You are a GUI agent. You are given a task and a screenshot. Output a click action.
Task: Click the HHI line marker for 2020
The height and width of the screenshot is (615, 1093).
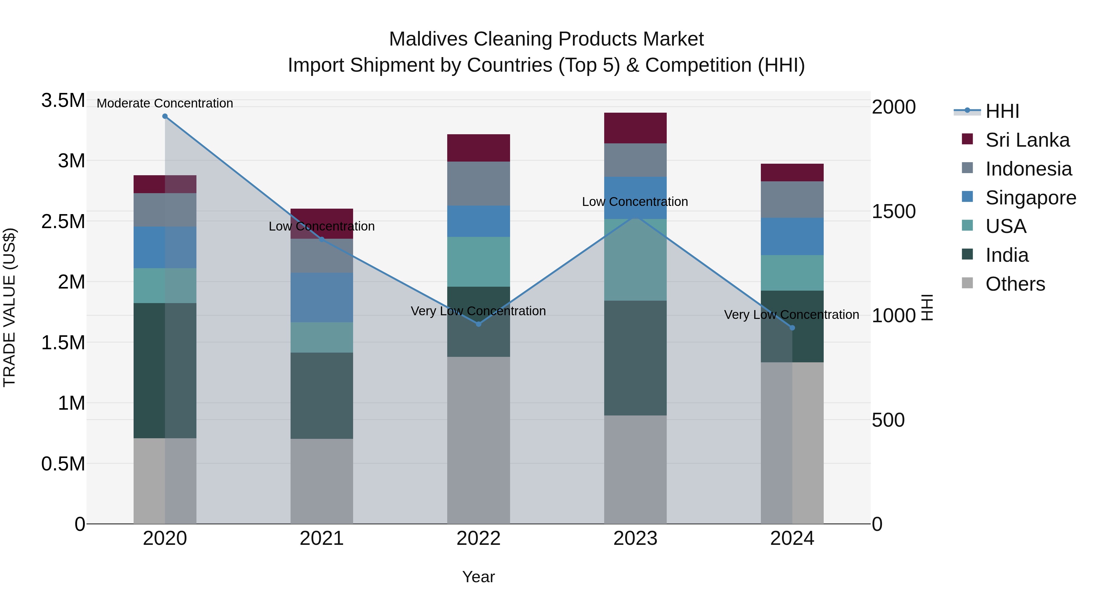tap(165, 116)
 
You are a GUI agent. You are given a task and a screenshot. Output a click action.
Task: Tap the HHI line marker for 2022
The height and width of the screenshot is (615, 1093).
tap(478, 324)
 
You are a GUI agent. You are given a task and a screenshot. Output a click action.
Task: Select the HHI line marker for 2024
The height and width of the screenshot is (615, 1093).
tap(792, 328)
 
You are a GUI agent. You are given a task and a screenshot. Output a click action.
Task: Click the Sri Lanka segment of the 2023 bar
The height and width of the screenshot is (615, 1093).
tap(635, 128)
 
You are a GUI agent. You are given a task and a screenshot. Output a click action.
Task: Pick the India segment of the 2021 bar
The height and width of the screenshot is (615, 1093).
tap(322, 395)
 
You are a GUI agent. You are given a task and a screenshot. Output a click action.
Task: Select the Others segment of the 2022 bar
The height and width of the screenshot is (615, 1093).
tap(478, 440)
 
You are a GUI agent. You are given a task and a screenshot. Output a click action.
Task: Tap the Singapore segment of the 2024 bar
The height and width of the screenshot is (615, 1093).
tap(792, 236)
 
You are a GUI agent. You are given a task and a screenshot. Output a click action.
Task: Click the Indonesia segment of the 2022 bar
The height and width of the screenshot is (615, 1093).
tap(478, 183)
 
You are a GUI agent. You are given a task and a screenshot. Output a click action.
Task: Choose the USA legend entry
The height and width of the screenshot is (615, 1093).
tap(1006, 226)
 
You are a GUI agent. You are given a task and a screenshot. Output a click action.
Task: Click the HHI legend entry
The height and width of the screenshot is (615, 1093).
tap(1002, 111)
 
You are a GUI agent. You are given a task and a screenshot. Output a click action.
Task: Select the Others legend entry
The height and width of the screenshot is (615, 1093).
tap(1015, 284)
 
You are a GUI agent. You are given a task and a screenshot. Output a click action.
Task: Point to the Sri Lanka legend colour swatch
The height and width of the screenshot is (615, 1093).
tap(967, 139)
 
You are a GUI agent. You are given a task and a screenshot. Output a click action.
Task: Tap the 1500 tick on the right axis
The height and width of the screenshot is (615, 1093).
tap(894, 211)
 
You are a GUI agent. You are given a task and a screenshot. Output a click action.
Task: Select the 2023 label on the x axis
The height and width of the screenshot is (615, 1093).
tap(635, 538)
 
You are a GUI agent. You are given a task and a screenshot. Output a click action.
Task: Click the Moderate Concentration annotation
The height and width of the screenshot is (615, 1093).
tap(165, 103)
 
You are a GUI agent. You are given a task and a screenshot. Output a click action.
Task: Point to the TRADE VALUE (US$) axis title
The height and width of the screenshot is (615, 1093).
tap(9, 307)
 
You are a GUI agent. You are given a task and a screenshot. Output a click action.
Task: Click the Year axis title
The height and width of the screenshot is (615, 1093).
tap(478, 577)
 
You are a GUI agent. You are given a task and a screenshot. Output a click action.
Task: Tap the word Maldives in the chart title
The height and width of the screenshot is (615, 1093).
tap(428, 39)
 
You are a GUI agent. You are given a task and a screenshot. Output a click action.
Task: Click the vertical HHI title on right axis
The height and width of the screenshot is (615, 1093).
tap(927, 307)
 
